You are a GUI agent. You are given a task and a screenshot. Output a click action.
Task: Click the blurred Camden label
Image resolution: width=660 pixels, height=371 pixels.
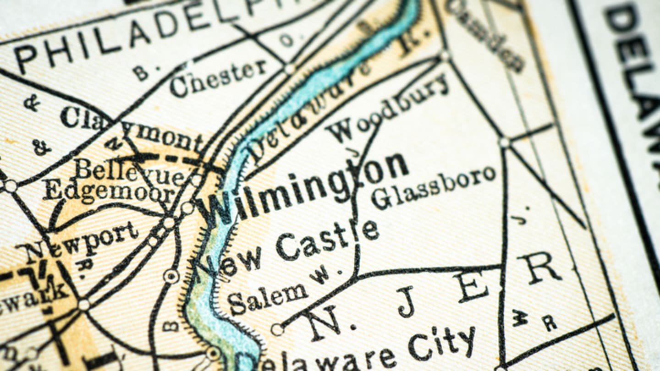point(486,34)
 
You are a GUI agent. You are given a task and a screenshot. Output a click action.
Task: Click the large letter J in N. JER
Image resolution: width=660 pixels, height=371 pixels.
point(406,302)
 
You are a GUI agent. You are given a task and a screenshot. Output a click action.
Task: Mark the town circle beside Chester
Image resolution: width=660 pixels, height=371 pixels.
point(289,69)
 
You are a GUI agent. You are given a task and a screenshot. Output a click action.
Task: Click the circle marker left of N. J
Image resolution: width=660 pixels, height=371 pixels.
point(277,329)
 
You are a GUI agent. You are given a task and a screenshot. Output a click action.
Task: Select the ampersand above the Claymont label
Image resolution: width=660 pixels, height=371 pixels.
point(32,103)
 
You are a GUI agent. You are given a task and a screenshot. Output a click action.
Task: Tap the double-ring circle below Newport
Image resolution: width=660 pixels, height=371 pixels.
point(171,276)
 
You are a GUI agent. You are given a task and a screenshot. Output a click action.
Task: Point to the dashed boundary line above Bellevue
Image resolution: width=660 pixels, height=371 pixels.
point(170,158)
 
